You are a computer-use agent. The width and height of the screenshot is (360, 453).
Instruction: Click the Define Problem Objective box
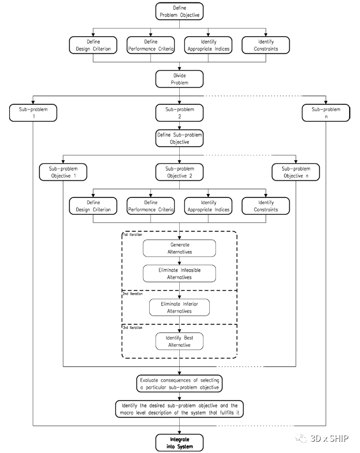(x=179, y=11)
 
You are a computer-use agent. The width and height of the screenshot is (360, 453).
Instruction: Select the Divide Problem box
(x=179, y=78)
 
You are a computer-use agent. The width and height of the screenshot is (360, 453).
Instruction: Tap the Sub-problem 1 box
(x=33, y=112)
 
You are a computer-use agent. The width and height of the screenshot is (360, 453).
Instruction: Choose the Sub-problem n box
(x=325, y=112)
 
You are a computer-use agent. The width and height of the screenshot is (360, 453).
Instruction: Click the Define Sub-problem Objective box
(x=179, y=138)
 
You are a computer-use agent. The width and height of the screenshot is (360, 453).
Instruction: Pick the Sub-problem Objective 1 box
(x=63, y=172)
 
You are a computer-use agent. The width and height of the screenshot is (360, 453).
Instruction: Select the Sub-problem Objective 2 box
(x=179, y=172)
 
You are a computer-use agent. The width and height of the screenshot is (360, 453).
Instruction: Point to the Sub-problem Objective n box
(x=296, y=172)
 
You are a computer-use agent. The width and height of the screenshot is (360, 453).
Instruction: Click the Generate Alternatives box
(x=179, y=248)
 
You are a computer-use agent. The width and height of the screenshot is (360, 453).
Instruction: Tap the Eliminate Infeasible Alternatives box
(x=179, y=273)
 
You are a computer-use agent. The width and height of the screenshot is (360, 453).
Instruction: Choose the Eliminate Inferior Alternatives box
(x=179, y=307)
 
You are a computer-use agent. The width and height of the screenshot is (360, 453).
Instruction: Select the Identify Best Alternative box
(x=179, y=341)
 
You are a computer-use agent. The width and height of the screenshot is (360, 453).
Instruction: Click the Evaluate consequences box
(x=179, y=383)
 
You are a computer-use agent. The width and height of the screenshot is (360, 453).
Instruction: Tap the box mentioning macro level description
(x=179, y=409)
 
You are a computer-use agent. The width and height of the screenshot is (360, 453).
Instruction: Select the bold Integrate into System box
(x=179, y=442)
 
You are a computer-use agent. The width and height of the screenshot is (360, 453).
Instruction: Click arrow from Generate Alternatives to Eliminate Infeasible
(x=179, y=261)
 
